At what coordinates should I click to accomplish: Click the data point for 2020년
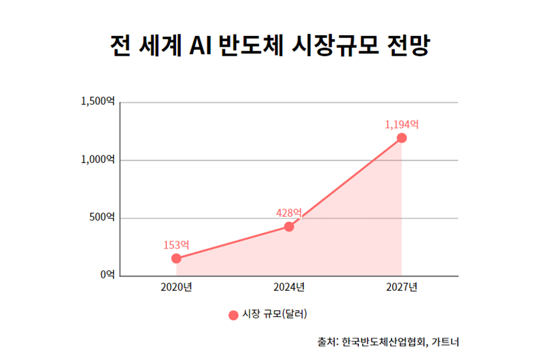coord(176,258)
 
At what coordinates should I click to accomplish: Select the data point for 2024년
coord(289,226)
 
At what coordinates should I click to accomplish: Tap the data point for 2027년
coord(402,138)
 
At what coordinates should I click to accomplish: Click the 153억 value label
coord(176,244)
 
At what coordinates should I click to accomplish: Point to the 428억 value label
coord(289,212)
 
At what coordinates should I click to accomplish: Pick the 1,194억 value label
coord(402,124)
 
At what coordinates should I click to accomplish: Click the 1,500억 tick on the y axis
coord(97,101)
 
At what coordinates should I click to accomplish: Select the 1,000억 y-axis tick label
coord(97,159)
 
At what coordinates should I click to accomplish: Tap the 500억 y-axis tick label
coord(102,217)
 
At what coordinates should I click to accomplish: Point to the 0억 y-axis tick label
coord(107,275)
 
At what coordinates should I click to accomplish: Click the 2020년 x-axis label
coord(176,287)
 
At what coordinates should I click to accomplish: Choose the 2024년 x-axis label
coord(289,287)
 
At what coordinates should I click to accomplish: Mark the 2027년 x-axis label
coord(402,287)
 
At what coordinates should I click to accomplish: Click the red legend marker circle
coord(233,315)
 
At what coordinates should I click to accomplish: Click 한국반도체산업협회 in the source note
coord(383,341)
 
